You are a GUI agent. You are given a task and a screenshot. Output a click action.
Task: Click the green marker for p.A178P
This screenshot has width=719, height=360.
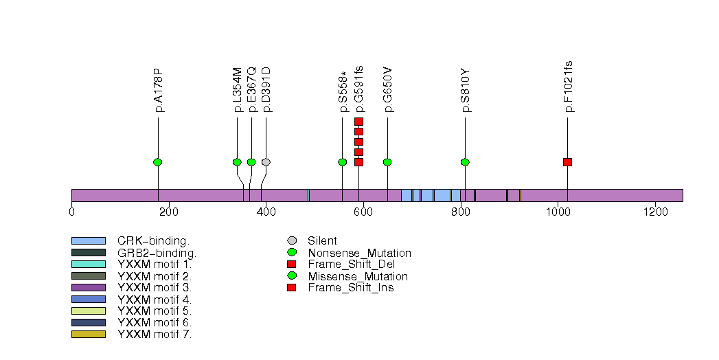(x=158, y=162)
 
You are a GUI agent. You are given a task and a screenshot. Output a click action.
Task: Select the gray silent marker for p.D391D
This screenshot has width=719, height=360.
(x=266, y=162)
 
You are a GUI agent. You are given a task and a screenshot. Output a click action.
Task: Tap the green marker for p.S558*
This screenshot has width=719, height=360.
(x=342, y=162)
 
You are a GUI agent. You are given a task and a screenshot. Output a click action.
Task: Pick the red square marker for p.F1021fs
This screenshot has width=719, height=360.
(x=567, y=162)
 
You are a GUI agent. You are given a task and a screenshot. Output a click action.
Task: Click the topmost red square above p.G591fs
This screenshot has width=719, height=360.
(x=358, y=122)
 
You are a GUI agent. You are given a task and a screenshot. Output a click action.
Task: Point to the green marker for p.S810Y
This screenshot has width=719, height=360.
(x=465, y=162)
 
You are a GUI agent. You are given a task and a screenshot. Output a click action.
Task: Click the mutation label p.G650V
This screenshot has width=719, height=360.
(x=388, y=90)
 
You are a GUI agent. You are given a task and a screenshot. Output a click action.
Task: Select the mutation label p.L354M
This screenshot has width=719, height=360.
(x=238, y=90)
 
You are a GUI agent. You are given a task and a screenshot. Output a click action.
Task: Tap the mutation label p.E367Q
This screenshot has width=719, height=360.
(x=252, y=90)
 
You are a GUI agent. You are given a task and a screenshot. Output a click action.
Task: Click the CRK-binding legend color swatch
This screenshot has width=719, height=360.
(x=88, y=240)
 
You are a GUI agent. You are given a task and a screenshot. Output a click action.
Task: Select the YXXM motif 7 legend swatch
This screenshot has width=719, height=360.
(x=88, y=335)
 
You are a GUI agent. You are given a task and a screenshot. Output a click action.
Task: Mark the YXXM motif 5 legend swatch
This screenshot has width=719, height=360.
(x=88, y=311)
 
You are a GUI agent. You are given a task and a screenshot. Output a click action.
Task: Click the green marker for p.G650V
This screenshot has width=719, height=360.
(x=387, y=162)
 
